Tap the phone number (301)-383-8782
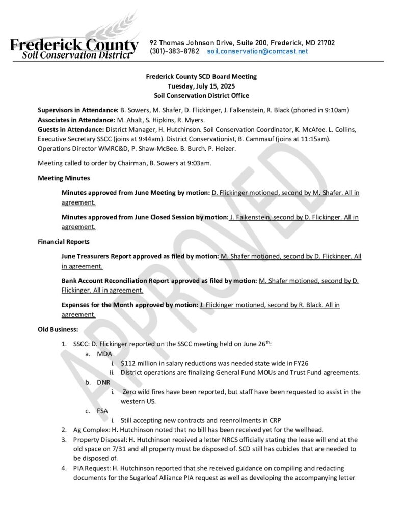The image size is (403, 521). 174,52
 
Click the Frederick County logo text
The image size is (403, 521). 74,46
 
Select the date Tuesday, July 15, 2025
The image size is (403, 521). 201,86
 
